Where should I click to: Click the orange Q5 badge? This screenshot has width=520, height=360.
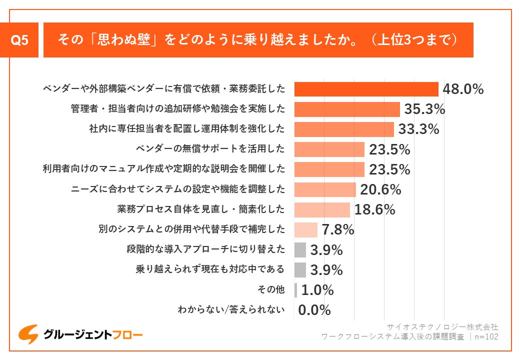pos(19,40)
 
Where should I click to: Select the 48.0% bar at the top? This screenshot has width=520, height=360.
pos(366,89)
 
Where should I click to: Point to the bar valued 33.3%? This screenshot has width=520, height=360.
pos(344,129)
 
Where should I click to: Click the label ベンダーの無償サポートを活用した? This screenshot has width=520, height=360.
pos(210,149)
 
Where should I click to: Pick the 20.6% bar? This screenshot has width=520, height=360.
pos(325,189)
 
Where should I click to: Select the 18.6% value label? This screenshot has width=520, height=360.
pos(374,209)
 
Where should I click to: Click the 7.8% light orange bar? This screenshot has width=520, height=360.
pos(306,229)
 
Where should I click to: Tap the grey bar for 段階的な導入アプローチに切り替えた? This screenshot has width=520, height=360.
pos(300,249)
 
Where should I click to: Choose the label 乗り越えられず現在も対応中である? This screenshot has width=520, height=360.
pos(210,269)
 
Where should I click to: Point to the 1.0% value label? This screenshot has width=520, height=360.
pos(317,290)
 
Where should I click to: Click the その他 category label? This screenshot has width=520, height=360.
pos(271,290)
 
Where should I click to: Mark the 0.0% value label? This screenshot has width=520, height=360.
pos(314,310)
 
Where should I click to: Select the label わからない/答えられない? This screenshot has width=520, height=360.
pos(231,310)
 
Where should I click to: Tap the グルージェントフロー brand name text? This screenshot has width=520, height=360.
pos(93,334)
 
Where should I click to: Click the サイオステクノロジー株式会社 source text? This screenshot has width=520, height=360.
pos(442,326)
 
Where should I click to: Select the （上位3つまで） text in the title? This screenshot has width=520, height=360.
pos(413,40)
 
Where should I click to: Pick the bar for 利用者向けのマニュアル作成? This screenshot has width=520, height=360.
pos(329,169)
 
